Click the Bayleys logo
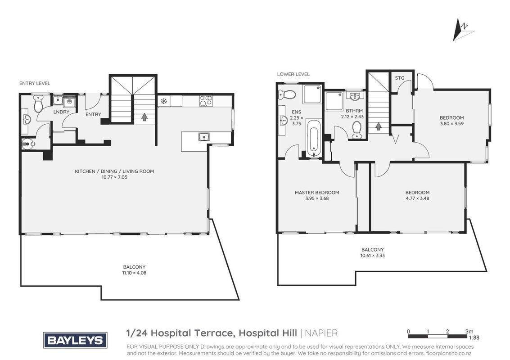pos(76,340)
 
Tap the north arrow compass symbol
pos(463,30)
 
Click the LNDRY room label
pos(62,112)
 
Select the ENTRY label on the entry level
pos(93,114)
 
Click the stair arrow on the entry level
pos(144,117)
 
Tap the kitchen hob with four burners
pos(206,101)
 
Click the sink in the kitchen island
pos(204,137)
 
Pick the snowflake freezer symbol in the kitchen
pos(163,101)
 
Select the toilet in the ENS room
pos(287,94)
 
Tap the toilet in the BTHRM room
pos(357,130)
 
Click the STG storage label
pos(400,78)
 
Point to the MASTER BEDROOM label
pos(317,193)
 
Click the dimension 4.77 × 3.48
pos(418,198)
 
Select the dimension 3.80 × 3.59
pos(452,124)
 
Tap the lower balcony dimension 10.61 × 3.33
pos(372,256)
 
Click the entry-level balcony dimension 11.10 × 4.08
pos(134,273)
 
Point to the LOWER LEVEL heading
pos(293,74)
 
